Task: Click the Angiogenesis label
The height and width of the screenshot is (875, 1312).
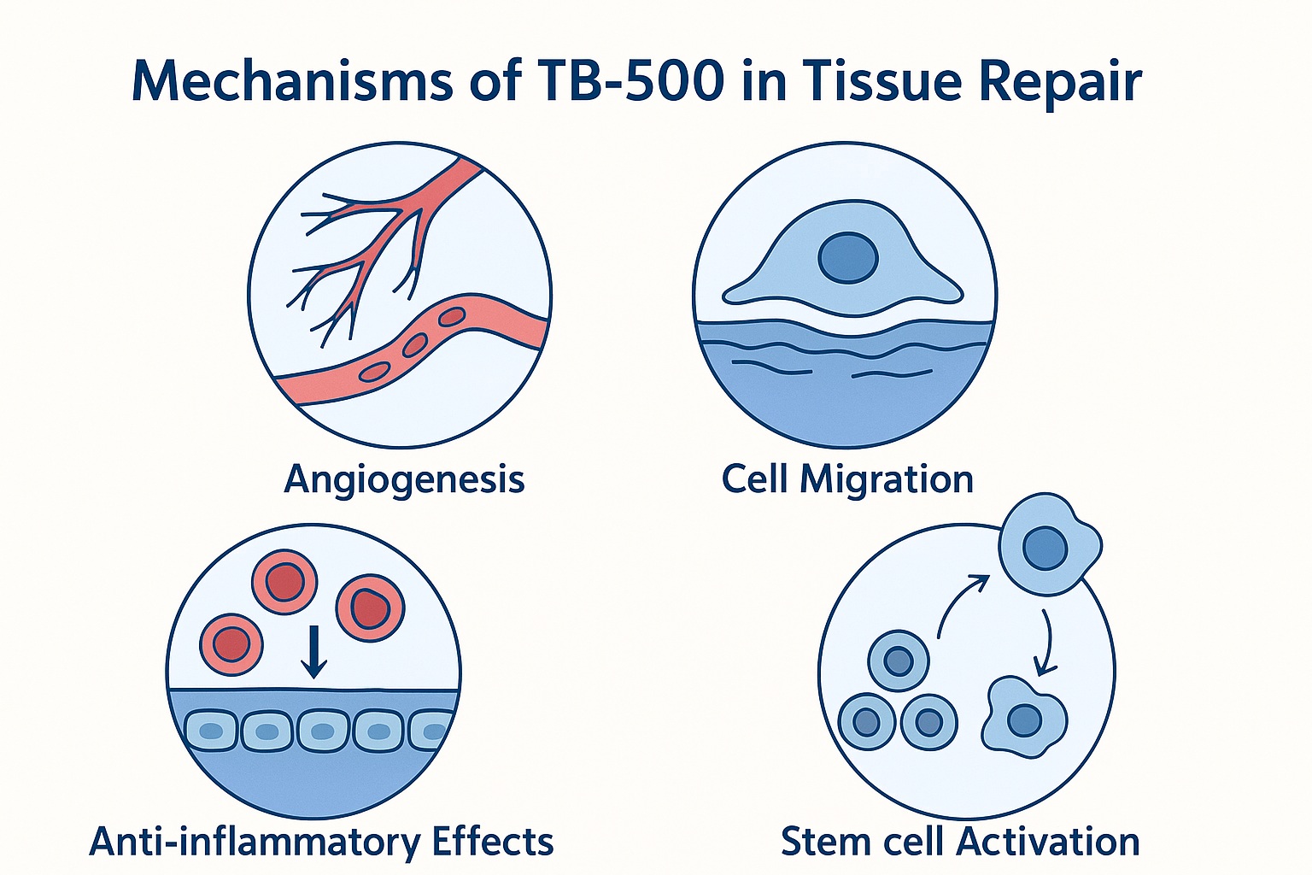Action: (x=404, y=479)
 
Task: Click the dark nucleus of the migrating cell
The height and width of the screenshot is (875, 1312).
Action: (x=847, y=258)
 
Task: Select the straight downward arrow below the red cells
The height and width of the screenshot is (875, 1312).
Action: (x=314, y=651)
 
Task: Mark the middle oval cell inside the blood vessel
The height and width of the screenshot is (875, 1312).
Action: (x=415, y=345)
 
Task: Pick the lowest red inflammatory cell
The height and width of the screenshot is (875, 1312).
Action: (x=231, y=642)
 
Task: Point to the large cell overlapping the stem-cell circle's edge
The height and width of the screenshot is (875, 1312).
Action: (x=1048, y=545)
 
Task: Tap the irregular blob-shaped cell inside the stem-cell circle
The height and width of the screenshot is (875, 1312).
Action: (x=1023, y=718)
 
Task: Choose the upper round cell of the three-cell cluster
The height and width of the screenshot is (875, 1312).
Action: (x=899, y=661)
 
